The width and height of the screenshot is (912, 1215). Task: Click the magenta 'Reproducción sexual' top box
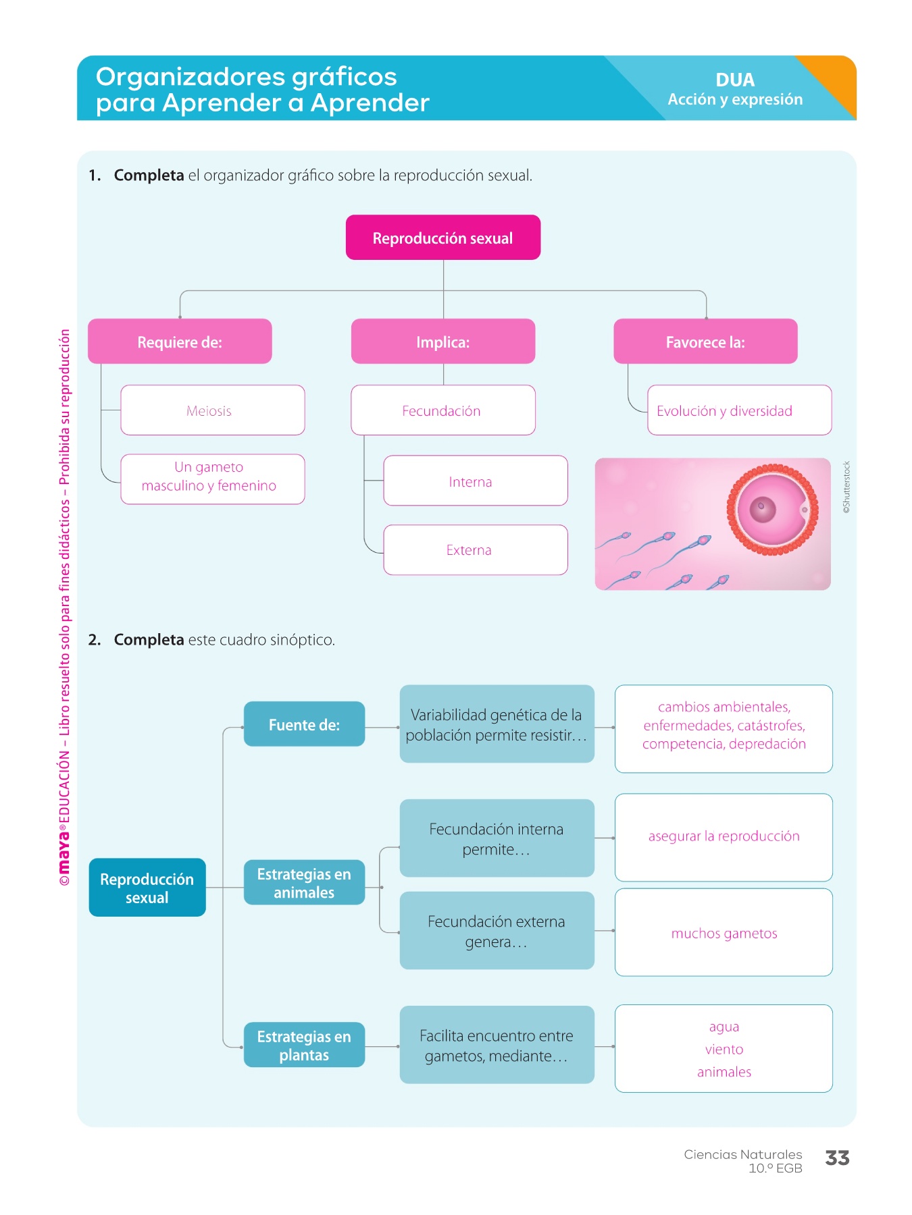point(442,238)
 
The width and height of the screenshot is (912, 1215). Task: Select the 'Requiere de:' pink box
point(180,342)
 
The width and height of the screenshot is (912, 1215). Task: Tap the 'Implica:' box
point(442,342)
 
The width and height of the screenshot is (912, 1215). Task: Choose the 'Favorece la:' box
point(705,342)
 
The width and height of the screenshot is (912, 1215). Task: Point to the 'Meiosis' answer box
point(212,410)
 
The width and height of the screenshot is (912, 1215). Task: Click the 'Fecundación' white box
point(442,410)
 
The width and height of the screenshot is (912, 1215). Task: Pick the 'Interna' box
point(475,481)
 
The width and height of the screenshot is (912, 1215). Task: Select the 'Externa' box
point(475,550)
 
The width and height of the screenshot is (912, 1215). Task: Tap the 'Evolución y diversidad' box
point(739,410)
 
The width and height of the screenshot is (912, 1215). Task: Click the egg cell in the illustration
point(771,510)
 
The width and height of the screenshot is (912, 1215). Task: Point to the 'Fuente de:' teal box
point(304,724)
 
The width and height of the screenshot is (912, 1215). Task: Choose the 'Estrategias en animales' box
point(304,883)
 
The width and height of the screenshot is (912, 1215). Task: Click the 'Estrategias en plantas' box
point(304,1046)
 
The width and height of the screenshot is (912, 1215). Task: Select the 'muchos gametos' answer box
point(724,933)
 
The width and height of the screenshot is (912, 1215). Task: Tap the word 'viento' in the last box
point(724,1049)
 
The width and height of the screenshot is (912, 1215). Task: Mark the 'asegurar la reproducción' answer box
point(724,837)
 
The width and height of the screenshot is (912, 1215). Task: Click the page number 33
point(837,1158)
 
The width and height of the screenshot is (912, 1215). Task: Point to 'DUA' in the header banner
point(735,80)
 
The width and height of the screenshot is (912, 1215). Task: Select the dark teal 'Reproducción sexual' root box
point(147,888)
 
